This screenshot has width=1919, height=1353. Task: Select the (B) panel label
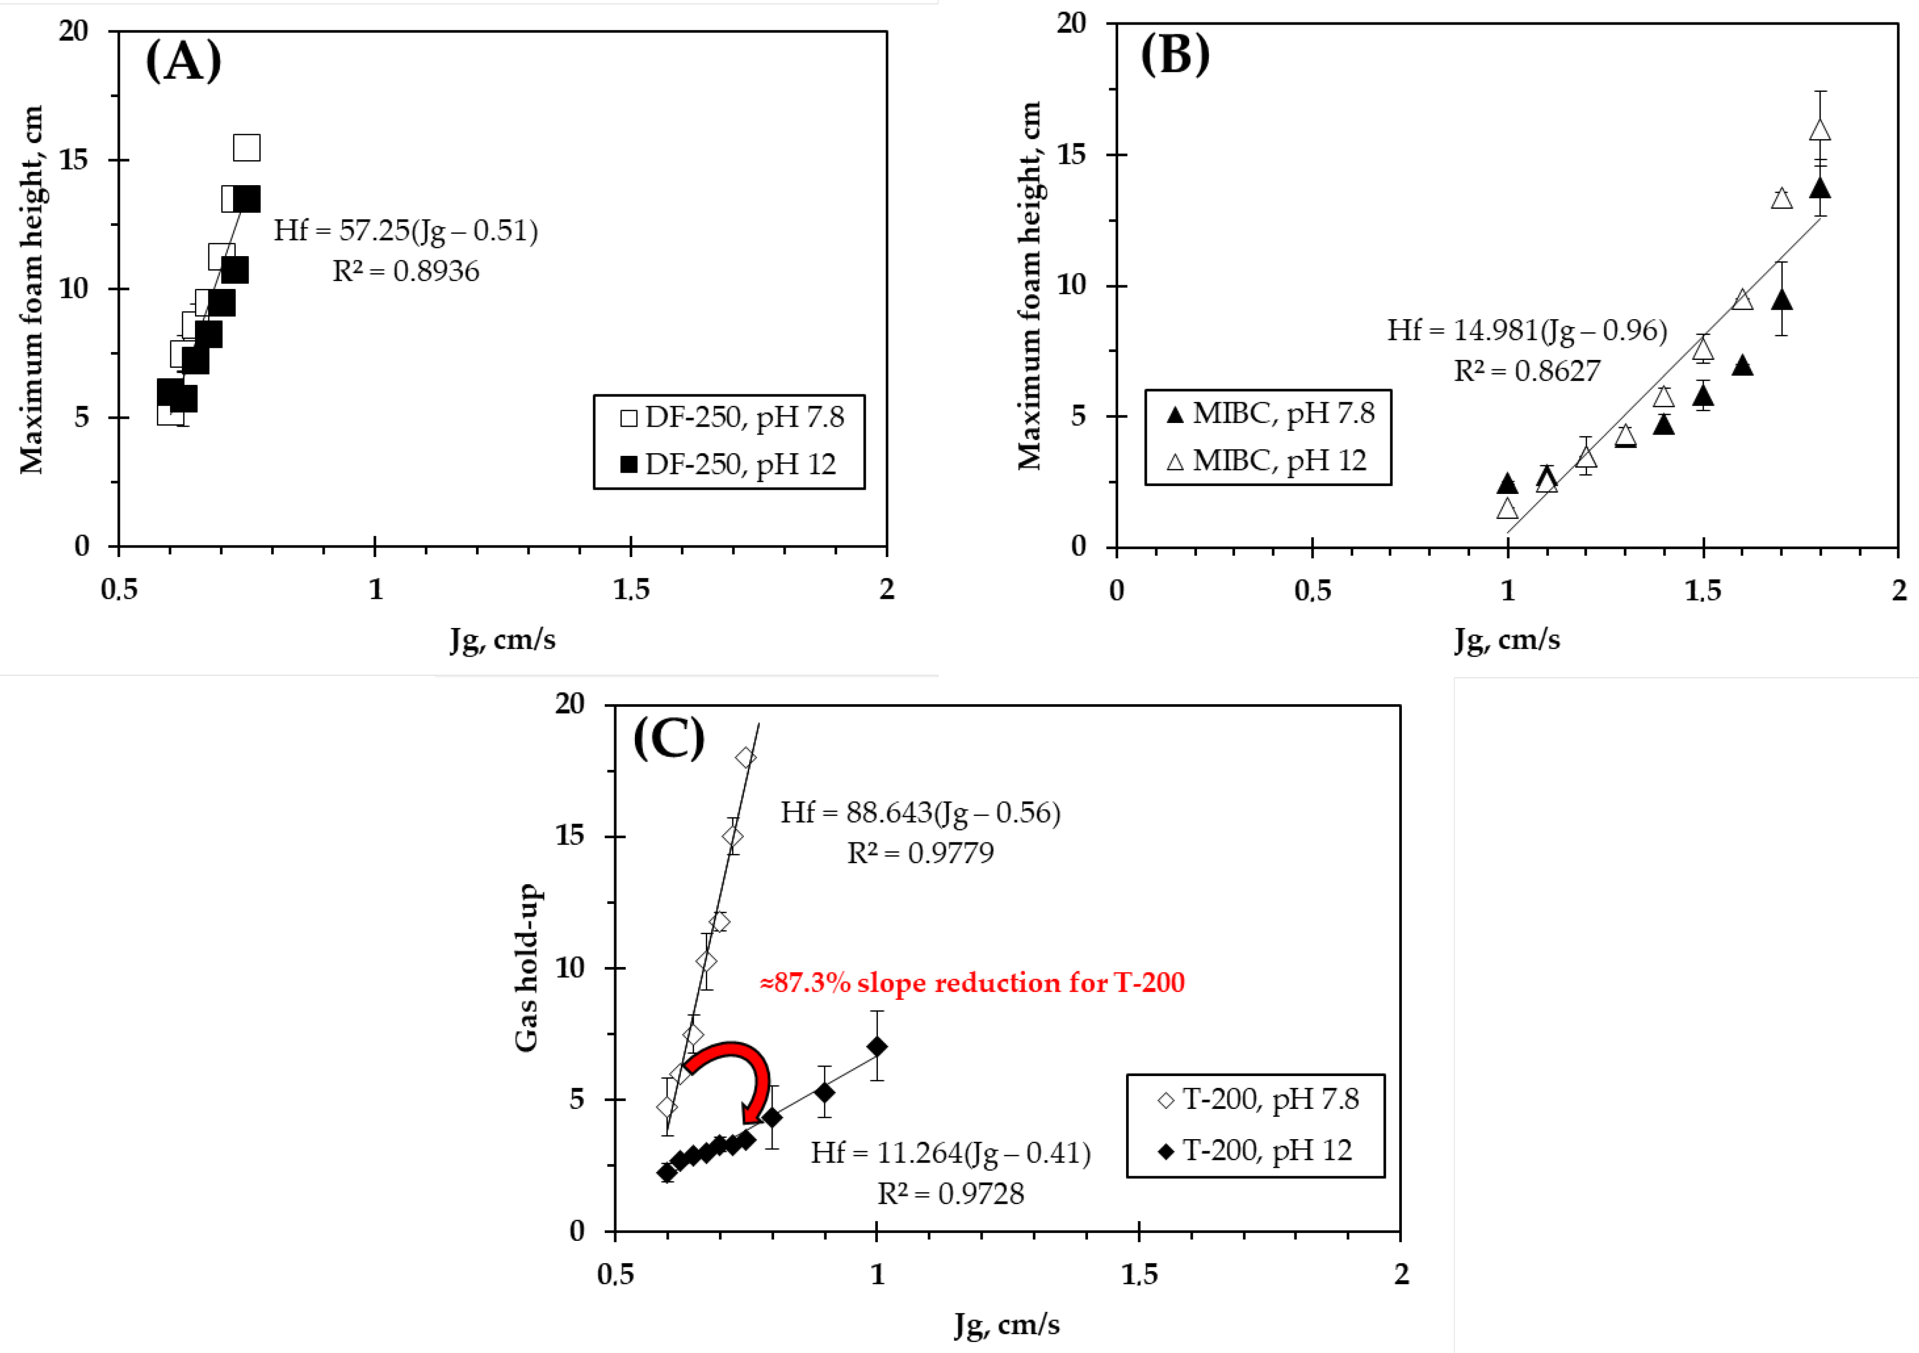[x=1175, y=55]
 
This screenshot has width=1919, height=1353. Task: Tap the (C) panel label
[x=669, y=738]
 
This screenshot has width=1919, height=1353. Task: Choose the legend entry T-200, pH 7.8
[x=1258, y=1099]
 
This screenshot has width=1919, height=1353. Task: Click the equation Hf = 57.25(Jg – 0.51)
[x=406, y=230]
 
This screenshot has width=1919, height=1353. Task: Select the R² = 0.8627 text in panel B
[x=1527, y=370]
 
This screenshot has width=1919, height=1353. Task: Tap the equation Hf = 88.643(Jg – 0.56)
[x=920, y=812]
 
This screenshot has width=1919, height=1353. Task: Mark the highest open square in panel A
[x=247, y=148]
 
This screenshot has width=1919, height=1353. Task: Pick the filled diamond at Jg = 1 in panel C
[x=877, y=1046]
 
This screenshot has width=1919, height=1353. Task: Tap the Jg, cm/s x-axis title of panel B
[x=1507, y=639]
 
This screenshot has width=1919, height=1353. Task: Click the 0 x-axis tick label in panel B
[x=1117, y=590]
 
